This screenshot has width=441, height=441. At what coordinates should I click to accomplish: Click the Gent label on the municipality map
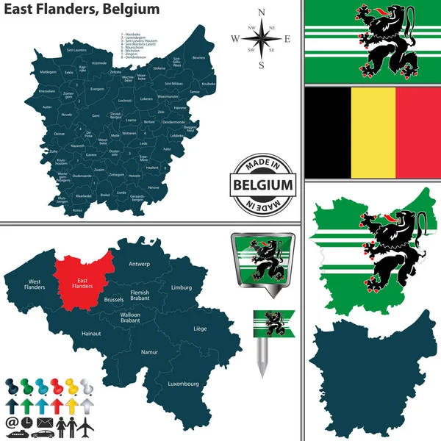click(96, 116)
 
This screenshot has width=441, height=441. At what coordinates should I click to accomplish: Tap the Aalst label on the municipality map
click(167, 148)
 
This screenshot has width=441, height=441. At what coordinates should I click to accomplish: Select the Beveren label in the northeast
click(198, 57)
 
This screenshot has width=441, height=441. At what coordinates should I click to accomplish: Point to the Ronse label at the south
click(79, 210)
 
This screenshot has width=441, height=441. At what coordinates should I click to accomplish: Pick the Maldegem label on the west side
click(48, 72)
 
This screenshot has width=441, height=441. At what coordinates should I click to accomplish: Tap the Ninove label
click(154, 187)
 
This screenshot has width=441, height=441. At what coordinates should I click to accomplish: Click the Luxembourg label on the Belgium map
click(183, 384)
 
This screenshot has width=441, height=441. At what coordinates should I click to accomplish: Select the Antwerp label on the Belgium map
click(139, 263)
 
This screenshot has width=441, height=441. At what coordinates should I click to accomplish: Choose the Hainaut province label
click(91, 333)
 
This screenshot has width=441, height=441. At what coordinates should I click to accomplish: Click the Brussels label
click(114, 300)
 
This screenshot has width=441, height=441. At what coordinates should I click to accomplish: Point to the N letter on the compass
click(262, 12)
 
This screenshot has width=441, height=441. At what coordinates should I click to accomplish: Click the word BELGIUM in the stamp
click(262, 184)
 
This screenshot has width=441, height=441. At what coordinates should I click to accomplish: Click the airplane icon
click(87, 424)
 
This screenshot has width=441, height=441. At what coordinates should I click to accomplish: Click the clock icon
click(26, 424)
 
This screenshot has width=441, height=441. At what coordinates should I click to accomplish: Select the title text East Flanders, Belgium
click(81, 10)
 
